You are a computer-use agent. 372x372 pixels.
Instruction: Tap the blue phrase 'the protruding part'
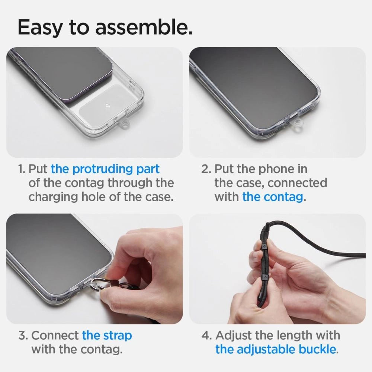105,169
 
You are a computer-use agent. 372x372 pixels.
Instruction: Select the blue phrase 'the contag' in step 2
272,196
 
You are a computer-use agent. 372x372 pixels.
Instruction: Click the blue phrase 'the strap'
107,335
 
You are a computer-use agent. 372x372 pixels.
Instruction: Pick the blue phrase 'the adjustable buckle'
276,349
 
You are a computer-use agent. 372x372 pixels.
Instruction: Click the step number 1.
22,169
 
